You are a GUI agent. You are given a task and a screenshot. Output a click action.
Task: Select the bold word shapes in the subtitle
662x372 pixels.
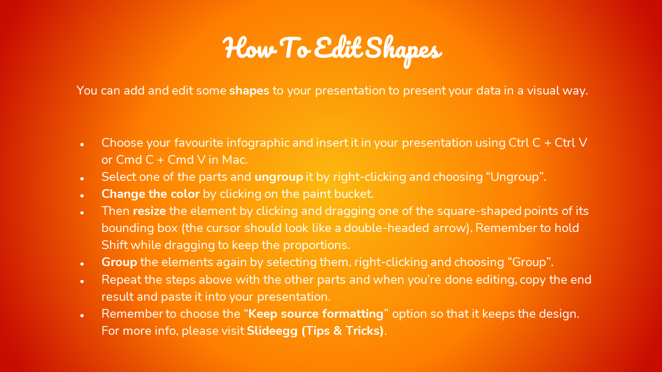pyautogui.click(x=249, y=91)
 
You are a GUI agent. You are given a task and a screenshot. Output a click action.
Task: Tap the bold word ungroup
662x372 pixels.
pyautogui.click(x=279, y=177)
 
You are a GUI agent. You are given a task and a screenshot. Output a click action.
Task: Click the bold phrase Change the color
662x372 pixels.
pyautogui.click(x=151, y=194)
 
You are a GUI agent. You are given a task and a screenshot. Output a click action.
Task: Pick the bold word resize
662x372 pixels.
pyautogui.click(x=149, y=211)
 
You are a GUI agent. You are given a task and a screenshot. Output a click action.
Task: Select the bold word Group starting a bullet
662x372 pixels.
pyautogui.click(x=119, y=262)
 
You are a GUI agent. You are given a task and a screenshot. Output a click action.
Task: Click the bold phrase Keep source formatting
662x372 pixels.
pyautogui.click(x=316, y=314)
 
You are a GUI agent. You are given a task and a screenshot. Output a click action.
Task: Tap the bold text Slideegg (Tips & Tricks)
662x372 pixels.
pyautogui.click(x=315, y=331)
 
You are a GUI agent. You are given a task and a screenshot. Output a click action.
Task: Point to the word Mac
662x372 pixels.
pyautogui.click(x=235, y=160)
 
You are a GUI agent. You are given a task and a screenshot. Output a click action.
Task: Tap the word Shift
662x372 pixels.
pyautogui.click(x=115, y=245)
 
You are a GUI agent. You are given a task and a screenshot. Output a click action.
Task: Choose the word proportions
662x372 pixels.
pyautogui.click(x=317, y=245)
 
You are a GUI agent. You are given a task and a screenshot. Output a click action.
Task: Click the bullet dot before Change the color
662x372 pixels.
pyautogui.click(x=82, y=196)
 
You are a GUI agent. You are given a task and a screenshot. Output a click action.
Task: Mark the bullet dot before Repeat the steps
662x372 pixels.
pyautogui.click(x=82, y=282)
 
